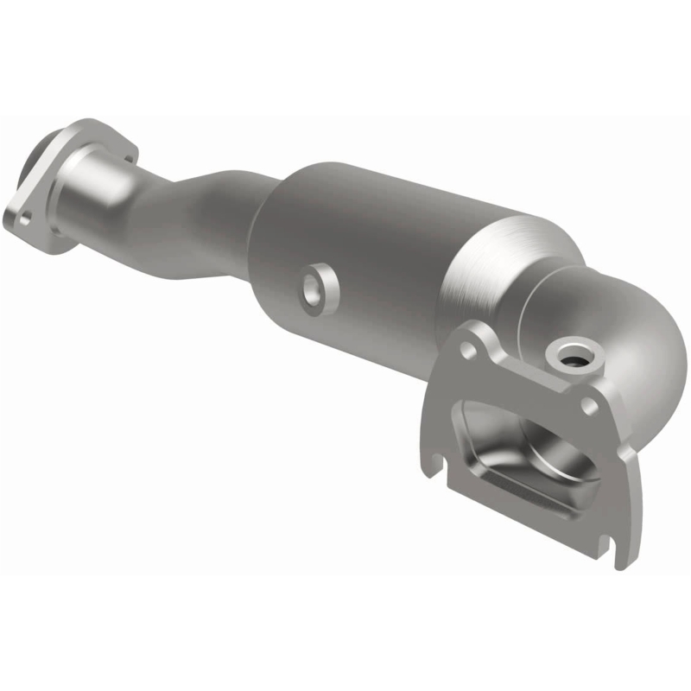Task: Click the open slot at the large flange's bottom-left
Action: pyautogui.click(x=434, y=467)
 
